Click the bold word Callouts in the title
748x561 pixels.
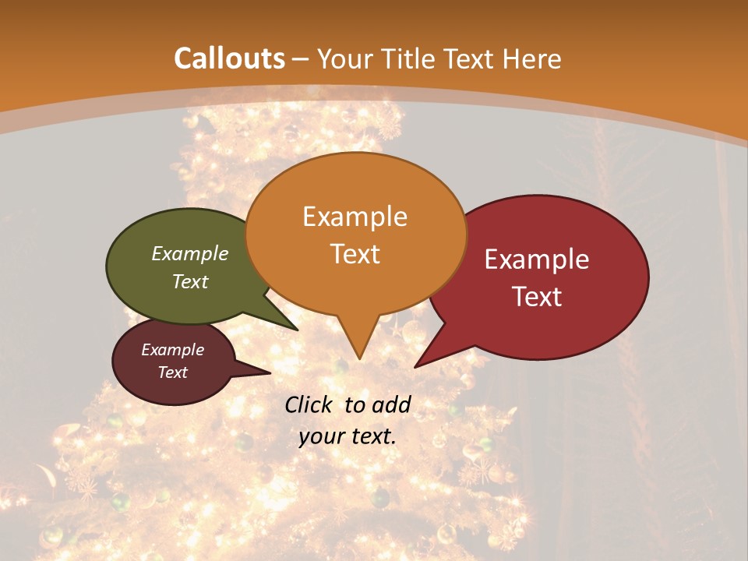229,58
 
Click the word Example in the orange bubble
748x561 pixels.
355,217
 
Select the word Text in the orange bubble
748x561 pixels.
355,254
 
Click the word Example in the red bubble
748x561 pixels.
536,259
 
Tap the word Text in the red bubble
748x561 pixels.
538,297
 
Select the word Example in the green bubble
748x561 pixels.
190,254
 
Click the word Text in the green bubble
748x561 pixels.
190,282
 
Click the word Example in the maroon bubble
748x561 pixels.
172,350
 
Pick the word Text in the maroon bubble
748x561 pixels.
173,372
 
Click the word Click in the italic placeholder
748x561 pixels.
309,404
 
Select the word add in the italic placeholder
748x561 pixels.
392,404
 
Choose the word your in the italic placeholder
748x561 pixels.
322,437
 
